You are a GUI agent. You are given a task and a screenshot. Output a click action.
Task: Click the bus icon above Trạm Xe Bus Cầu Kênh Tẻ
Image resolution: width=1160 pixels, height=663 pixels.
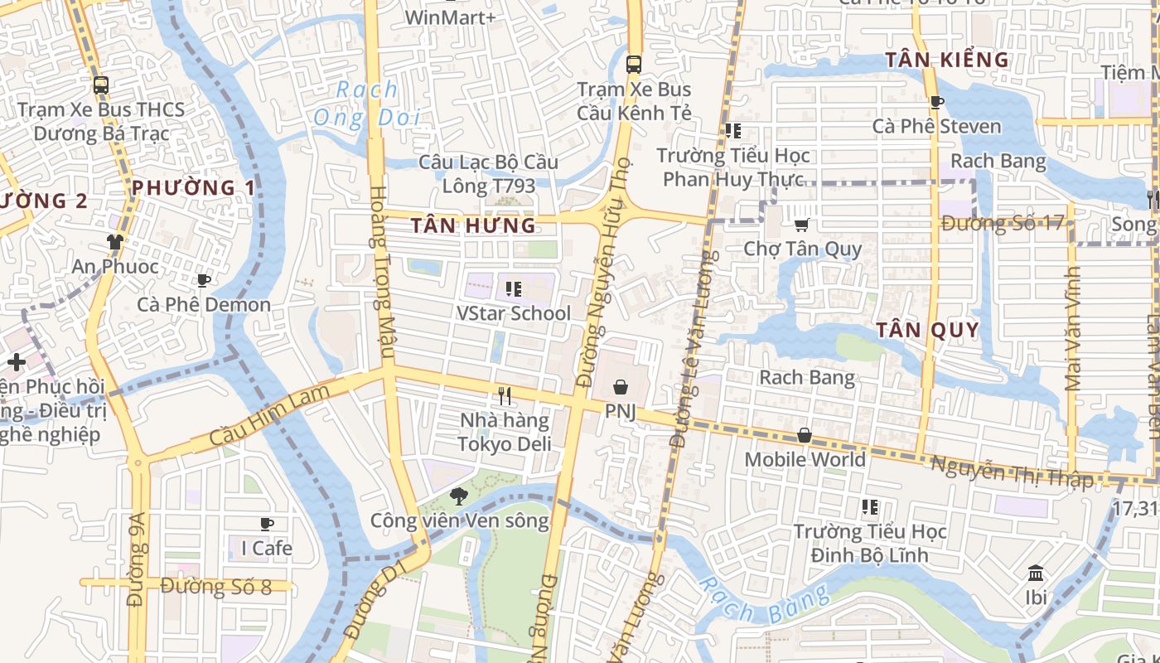coord(634,64)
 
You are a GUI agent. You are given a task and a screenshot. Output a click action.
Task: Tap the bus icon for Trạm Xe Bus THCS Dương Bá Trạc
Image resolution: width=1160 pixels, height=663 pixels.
coord(100,85)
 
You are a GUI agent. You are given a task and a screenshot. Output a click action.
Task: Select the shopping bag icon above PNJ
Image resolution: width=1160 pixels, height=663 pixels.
coord(620,386)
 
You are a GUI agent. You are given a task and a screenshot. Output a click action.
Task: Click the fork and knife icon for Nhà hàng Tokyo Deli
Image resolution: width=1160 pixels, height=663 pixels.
coord(505,396)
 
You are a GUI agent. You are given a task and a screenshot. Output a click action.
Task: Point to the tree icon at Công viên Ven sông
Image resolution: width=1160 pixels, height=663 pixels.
coord(458,496)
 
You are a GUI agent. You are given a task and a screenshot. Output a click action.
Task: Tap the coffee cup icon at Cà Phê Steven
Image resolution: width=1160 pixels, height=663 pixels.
coord(936,102)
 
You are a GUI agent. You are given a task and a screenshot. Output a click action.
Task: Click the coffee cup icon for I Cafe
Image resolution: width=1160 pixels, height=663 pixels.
coord(266,524)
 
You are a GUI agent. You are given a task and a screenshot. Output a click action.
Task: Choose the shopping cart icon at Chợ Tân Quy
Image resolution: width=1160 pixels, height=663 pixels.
coord(801,225)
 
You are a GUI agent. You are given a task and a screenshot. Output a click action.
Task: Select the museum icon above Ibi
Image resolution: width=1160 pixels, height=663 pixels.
coord(1036,573)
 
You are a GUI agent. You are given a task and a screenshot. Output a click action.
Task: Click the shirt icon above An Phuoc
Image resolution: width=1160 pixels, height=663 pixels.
coord(114,242)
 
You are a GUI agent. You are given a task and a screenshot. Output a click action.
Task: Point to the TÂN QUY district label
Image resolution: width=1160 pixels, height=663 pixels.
coord(927,330)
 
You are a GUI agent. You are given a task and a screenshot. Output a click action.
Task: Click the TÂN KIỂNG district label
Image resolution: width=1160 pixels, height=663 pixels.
coord(947,60)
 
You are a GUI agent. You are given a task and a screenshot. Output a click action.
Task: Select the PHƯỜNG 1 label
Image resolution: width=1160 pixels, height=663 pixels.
coord(194,187)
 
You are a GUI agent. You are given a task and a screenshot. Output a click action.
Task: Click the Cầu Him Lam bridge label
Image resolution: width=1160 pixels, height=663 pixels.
coord(277,414)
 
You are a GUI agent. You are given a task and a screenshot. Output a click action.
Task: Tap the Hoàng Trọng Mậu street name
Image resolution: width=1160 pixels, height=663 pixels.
coord(379,273)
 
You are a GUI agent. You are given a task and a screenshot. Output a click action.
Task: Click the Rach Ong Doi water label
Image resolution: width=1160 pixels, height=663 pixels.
coord(365,104)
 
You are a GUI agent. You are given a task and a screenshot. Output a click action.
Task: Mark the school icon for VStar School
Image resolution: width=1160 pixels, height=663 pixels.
coord(513,289)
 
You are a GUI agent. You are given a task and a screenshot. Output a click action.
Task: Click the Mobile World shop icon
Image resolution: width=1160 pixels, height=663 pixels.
coord(804,435)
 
